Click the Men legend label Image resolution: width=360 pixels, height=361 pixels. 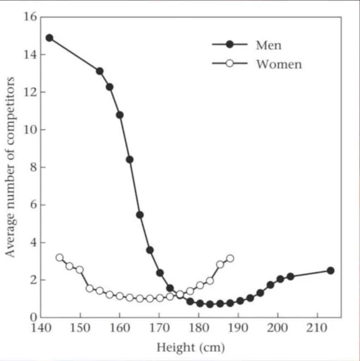(x=269, y=45)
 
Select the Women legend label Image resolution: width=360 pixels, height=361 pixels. (x=279, y=64)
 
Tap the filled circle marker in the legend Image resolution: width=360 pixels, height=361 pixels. (x=230, y=44)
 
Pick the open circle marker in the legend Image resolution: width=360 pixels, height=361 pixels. (x=230, y=64)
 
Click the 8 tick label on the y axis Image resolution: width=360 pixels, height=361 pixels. (x=34, y=167)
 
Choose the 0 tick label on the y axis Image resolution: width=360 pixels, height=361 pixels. (x=34, y=318)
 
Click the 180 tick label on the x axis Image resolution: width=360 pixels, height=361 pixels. (x=199, y=330)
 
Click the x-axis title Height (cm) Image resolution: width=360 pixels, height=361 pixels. (x=190, y=347)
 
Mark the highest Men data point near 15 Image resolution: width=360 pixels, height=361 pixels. (x=49, y=38)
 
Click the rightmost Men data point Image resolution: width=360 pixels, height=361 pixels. (x=330, y=270)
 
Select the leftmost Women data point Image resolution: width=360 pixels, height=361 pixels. (x=60, y=258)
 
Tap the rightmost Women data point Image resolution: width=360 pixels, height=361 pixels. (x=230, y=258)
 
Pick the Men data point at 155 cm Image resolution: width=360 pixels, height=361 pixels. (x=100, y=71)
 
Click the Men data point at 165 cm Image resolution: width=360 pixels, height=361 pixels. (x=140, y=214)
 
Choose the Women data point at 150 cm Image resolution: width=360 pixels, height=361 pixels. (x=79, y=270)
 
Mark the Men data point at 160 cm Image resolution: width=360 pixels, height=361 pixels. (x=120, y=115)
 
